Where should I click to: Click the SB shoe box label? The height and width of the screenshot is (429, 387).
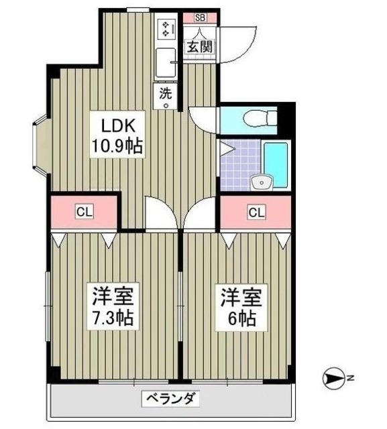click(200, 18)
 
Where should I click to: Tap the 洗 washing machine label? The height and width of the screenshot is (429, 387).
click(165, 95)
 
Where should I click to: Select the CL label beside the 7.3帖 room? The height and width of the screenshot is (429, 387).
click(84, 212)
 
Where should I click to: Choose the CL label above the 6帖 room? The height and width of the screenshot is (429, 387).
click(256, 212)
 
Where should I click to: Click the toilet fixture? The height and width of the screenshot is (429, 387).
click(258, 119)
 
